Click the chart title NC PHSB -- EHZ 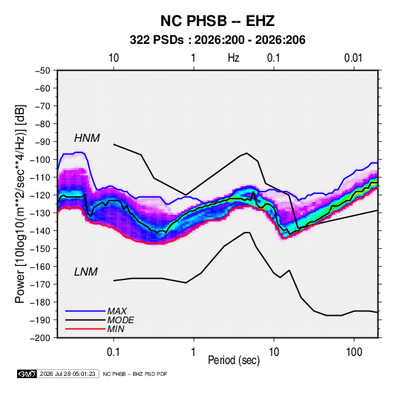click(x=217, y=21)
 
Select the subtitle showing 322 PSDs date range click(x=217, y=40)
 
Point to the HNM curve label click(x=87, y=138)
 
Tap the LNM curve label click(x=86, y=272)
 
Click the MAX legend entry click(x=117, y=311)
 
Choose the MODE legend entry click(x=120, y=320)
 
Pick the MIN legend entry click(x=116, y=329)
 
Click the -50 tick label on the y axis click(x=42, y=71)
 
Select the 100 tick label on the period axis click(x=354, y=352)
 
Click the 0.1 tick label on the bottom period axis click(x=114, y=352)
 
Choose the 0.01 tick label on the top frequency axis click(x=353, y=58)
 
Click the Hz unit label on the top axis click(x=234, y=58)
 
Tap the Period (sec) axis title click(x=234, y=360)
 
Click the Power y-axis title click(x=20, y=204)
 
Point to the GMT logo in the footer click(x=27, y=374)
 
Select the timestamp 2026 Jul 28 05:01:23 click(x=68, y=374)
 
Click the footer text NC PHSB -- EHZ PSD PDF click(x=135, y=374)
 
